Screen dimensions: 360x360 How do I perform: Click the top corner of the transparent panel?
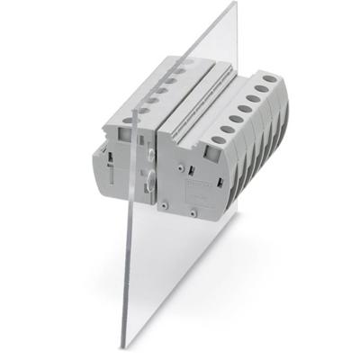[x=235, y=3]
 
